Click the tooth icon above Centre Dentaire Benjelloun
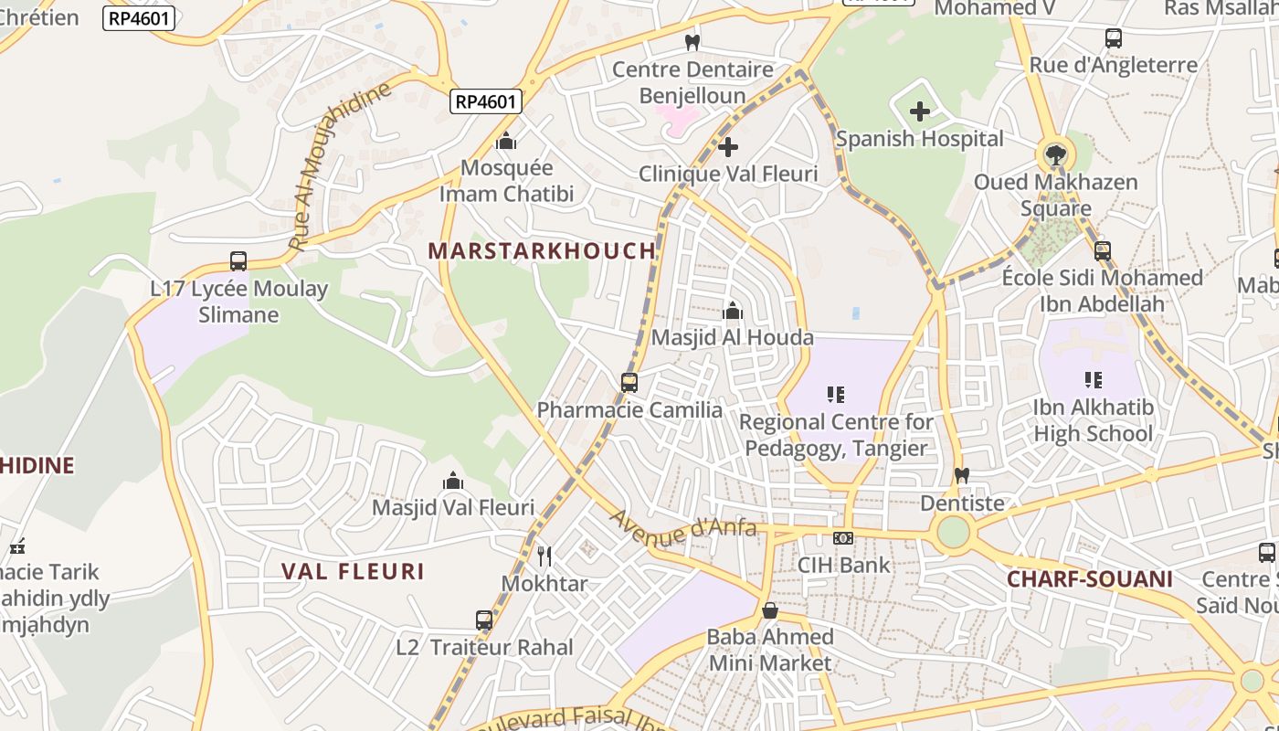coord(692,42)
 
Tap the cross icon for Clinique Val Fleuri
coord(728,146)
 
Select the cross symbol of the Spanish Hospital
coord(920,111)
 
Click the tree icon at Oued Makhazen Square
coord(1055,154)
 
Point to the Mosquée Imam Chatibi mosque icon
coord(505,141)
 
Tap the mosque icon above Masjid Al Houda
coord(732,311)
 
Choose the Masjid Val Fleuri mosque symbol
coord(453,481)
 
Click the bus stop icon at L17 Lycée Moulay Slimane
coord(238,261)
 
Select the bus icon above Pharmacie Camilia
coord(629,383)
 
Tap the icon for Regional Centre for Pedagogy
coord(836,395)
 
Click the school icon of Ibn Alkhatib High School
coord(1093,379)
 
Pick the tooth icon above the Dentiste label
coord(961,476)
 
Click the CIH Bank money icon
coord(843,538)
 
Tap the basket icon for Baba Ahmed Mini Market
coord(770,609)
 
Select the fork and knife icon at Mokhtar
coord(544,556)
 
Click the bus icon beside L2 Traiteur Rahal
coord(484,620)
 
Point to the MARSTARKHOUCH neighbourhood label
coord(542,250)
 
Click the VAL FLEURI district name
coord(353,572)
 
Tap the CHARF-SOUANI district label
coord(1089,578)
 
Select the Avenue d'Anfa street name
coord(682,527)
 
